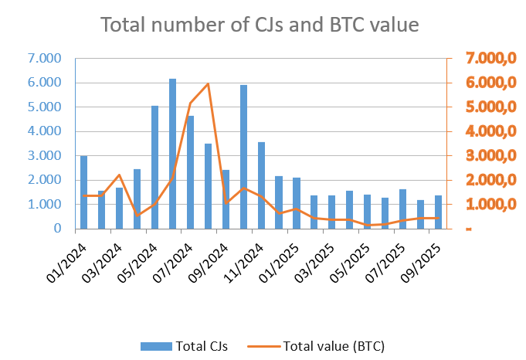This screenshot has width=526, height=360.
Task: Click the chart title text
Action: click(x=260, y=25)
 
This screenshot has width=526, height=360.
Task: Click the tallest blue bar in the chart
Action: click(x=172, y=155)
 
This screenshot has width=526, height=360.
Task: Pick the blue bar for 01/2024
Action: click(x=83, y=192)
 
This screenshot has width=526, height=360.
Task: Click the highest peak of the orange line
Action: click(x=208, y=83)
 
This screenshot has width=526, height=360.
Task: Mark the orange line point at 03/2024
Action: click(x=119, y=175)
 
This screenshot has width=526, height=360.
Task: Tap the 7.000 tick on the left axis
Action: click(x=44, y=58)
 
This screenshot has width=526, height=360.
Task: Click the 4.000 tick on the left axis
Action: click(x=44, y=131)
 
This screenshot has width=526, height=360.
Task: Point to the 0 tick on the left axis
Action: click(x=57, y=229)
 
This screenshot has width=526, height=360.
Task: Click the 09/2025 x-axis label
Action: click(x=426, y=258)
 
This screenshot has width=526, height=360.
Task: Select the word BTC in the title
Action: click(x=334, y=25)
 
